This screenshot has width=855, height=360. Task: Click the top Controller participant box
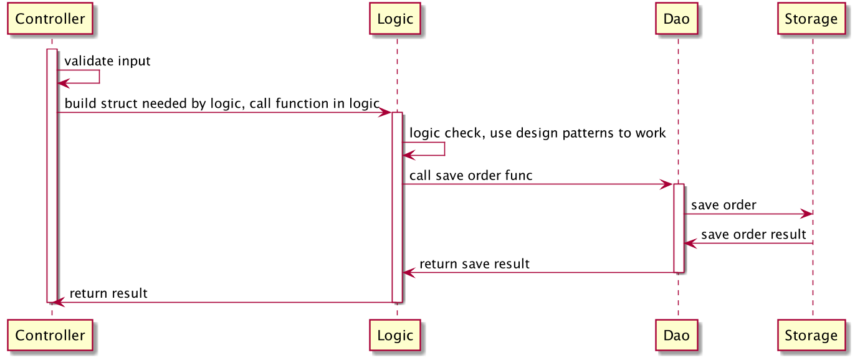(x=50, y=19)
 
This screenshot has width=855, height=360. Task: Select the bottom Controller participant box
(x=50, y=336)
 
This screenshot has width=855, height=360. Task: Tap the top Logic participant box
(x=395, y=19)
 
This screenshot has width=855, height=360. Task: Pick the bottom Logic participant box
(x=395, y=336)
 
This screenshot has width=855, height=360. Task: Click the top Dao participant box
(x=677, y=19)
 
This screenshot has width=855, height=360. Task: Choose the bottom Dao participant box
(x=677, y=336)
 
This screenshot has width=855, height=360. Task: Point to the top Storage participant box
(x=811, y=19)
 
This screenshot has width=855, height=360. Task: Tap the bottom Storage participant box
(x=811, y=336)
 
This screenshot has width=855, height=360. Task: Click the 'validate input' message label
(x=107, y=61)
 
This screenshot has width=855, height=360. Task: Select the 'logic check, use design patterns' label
(x=537, y=133)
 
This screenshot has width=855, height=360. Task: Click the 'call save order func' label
(x=470, y=176)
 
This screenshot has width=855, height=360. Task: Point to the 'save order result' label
(x=753, y=235)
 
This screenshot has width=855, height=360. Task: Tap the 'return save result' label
(x=474, y=264)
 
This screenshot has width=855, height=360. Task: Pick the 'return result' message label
(x=108, y=293)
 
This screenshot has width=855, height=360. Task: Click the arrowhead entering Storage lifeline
(x=808, y=214)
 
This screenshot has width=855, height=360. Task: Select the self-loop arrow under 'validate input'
(x=98, y=77)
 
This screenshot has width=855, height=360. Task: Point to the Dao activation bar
(x=679, y=227)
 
